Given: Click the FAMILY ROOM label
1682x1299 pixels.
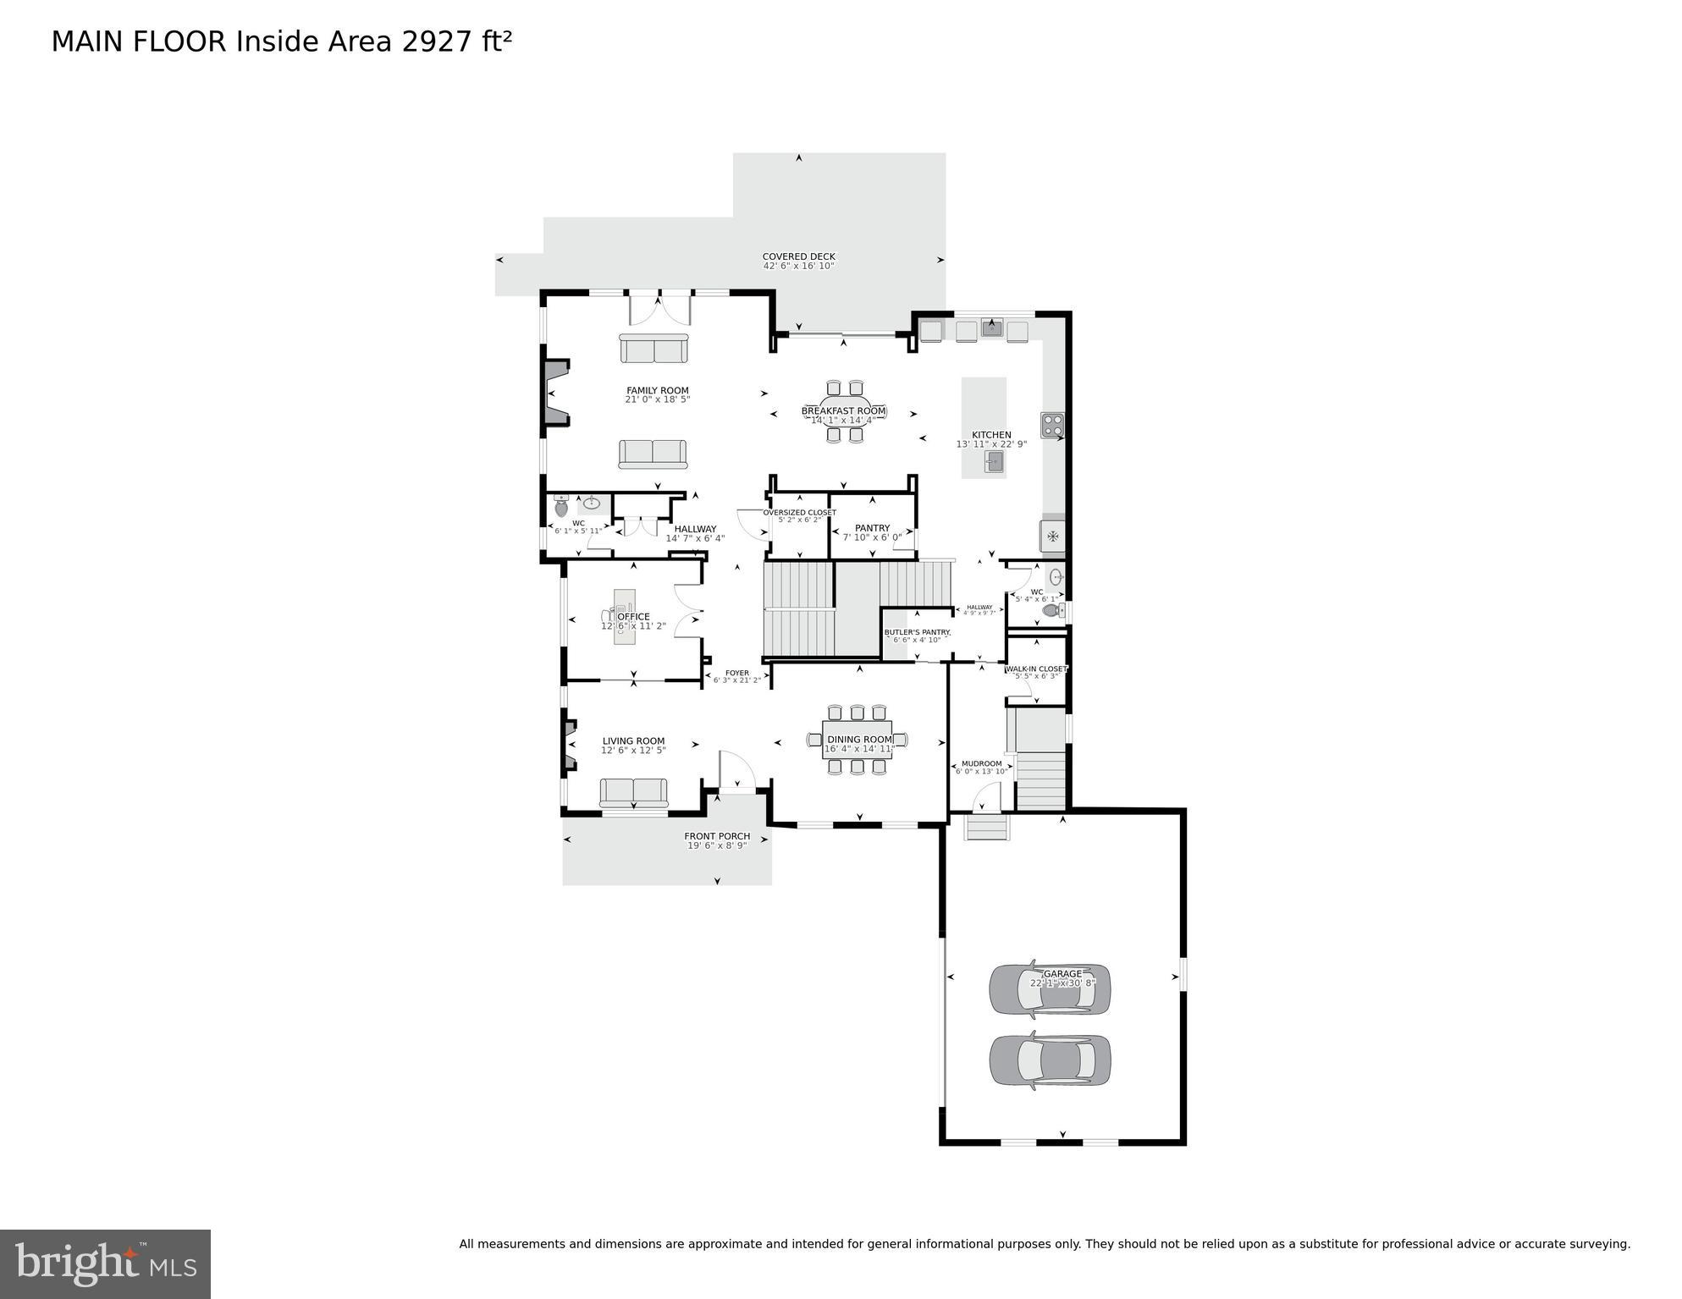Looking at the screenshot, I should [657, 391].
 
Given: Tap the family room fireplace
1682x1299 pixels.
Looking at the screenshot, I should [556, 392].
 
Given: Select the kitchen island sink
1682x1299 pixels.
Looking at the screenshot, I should [994, 461].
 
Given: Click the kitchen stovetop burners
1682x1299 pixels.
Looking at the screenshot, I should [1051, 424].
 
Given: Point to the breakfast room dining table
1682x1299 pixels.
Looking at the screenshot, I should [844, 411].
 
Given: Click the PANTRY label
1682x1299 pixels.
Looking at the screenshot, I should [872, 528].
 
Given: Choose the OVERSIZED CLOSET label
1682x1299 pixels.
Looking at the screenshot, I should [799, 513].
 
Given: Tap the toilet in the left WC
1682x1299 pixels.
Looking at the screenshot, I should [560, 508].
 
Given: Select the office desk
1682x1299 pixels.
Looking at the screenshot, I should [624, 617].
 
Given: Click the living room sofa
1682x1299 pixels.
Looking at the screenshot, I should [633, 793].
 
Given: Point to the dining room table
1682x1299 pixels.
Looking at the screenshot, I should [858, 740].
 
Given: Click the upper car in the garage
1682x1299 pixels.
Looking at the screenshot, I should [1050, 988].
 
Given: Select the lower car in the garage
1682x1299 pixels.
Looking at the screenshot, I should [1050, 1060].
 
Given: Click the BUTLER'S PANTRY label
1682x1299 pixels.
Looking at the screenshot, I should [917, 632].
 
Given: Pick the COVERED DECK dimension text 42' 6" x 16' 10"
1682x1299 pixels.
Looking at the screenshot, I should [798, 266].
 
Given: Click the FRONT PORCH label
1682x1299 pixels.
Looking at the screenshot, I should [717, 836].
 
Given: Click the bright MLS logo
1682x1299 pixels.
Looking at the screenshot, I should [105, 1263].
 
